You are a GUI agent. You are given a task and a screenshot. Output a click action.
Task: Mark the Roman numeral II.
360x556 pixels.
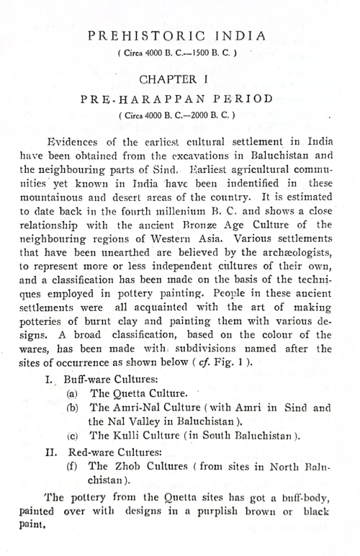(x=50, y=452)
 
